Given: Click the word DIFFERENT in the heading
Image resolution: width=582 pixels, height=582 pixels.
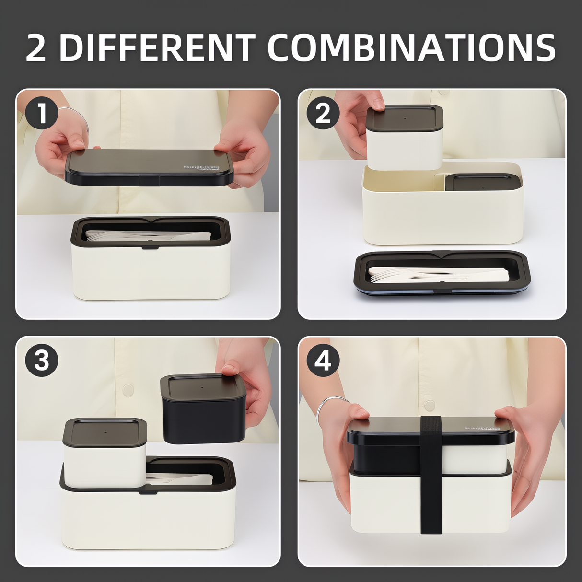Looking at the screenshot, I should click(x=156, y=48).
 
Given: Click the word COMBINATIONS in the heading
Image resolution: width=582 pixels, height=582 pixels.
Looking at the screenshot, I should click(x=411, y=48).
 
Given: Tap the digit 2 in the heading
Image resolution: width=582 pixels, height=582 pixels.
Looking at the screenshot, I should click(x=36, y=48).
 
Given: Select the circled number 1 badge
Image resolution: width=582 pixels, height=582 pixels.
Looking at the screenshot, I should click(x=42, y=113).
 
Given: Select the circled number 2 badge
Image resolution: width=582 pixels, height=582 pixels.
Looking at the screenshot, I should click(x=323, y=113).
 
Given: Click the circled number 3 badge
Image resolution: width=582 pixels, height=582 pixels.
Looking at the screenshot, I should click(x=42, y=361).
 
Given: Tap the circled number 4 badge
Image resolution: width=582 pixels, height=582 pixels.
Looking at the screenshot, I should click(x=323, y=361).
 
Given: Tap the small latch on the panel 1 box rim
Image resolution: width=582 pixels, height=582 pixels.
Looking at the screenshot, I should click(x=150, y=247).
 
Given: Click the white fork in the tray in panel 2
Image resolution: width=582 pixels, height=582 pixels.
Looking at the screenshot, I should click(x=398, y=275).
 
